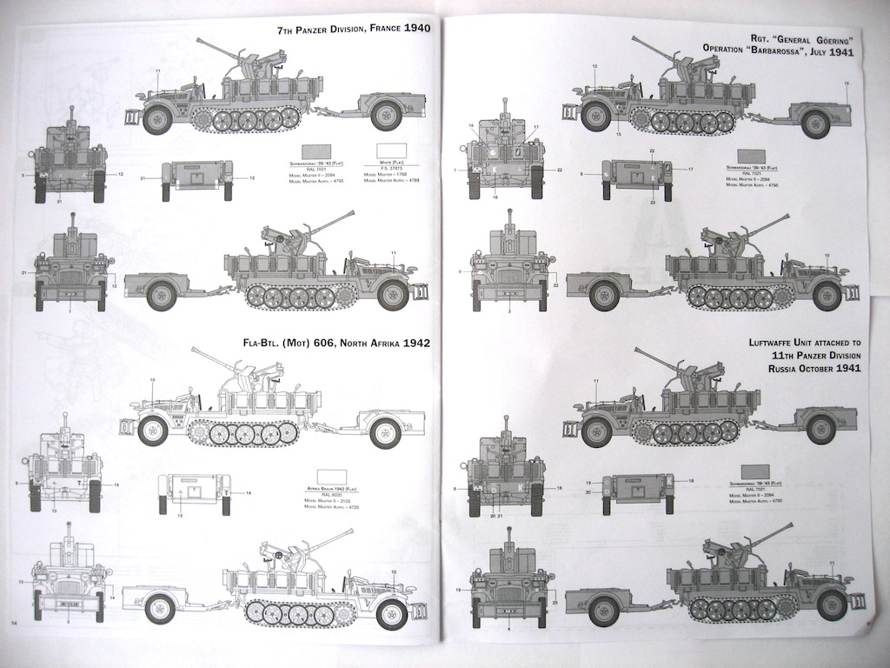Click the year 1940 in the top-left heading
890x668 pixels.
pyautogui.click(x=413, y=30)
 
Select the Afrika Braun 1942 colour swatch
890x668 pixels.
pyautogui.click(x=332, y=477)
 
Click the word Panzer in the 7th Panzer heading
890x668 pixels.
pyautogui.click(x=312, y=30)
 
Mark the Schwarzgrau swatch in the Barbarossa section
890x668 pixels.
pyautogui.click(x=750, y=156)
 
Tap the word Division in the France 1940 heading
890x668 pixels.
pyautogui.click(x=343, y=30)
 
